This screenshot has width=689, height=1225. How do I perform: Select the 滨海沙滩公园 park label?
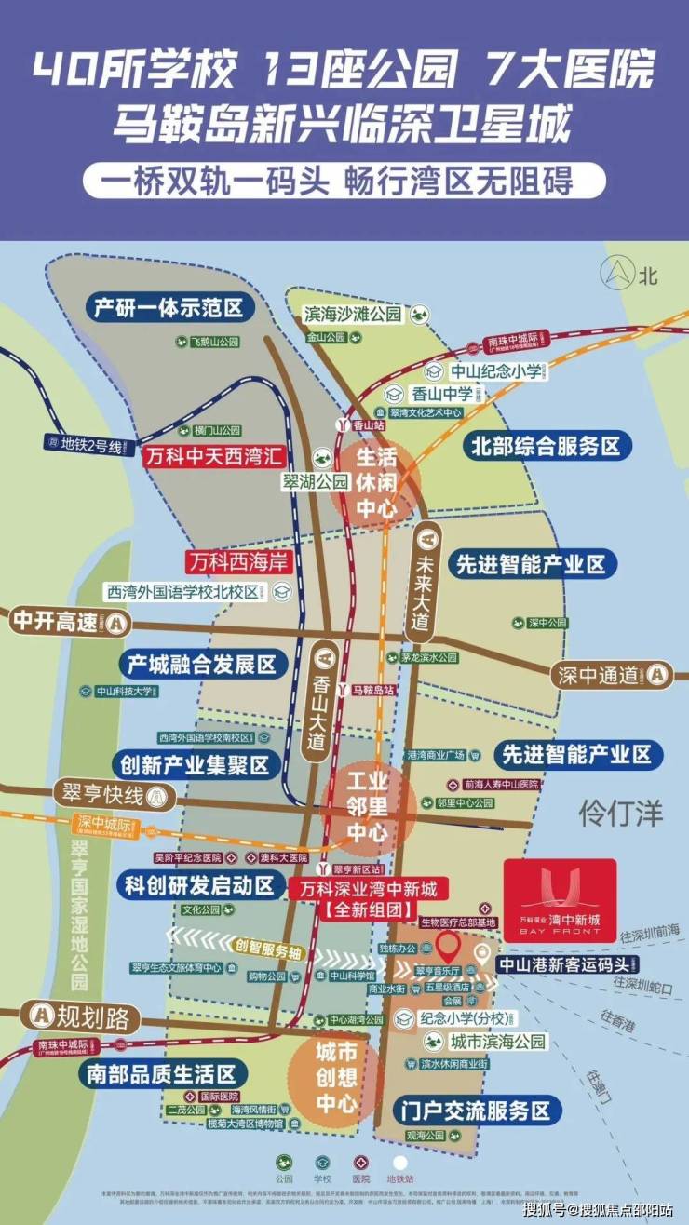(352, 314)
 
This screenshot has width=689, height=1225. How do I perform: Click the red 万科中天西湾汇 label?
(213, 457)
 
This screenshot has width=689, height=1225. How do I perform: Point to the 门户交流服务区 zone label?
(475, 1110)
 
